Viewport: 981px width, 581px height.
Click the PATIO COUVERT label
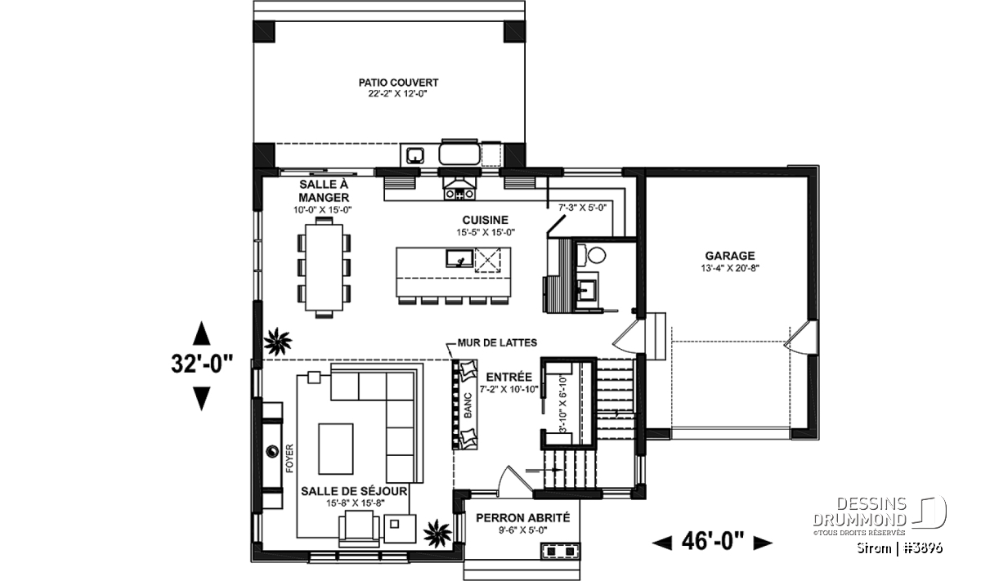[x=398, y=83]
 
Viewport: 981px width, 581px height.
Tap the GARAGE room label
[x=729, y=256]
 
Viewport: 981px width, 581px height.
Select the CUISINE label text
[x=486, y=221]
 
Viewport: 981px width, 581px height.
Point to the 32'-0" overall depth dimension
[x=202, y=364]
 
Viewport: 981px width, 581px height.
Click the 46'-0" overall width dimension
[x=713, y=542]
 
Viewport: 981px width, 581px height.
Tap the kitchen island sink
[x=459, y=258]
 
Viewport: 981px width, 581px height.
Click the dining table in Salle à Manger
[x=324, y=267]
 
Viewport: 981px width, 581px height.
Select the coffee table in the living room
[x=336, y=449]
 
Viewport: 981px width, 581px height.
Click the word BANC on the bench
[x=468, y=404]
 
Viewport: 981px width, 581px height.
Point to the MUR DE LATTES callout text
[x=497, y=342]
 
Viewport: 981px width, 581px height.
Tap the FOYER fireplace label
[x=289, y=458]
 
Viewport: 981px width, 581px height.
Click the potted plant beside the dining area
[x=278, y=342]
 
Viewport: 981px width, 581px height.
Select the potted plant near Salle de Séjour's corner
[x=437, y=534]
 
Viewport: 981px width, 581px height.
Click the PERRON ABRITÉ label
[x=523, y=518]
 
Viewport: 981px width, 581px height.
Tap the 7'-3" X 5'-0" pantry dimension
[x=582, y=208]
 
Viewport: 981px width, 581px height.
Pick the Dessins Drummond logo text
[x=859, y=512]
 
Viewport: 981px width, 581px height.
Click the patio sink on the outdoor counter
[x=414, y=155]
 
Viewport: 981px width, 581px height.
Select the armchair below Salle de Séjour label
[x=359, y=530]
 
